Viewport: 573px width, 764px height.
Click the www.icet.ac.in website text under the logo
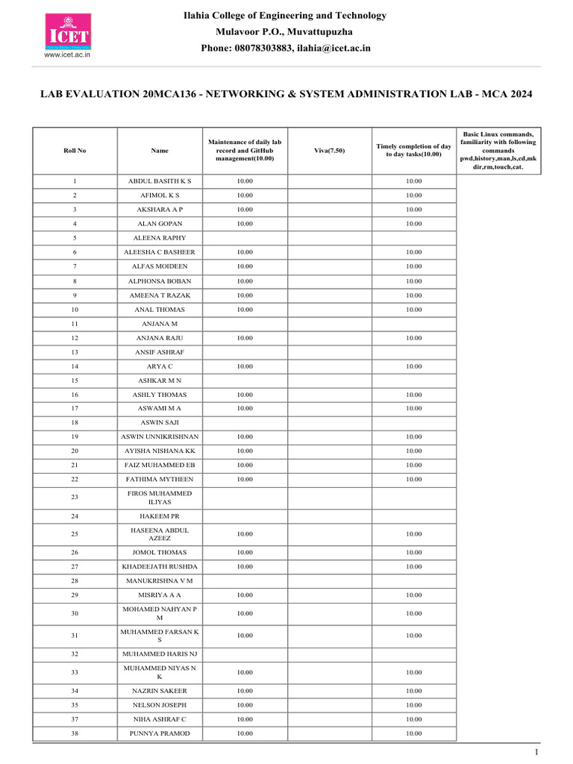click(67, 54)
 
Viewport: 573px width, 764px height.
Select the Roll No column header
click(75, 150)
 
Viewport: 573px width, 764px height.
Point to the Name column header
click(160, 150)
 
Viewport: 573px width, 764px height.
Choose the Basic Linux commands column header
click(498, 150)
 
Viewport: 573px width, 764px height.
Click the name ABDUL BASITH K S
click(160, 181)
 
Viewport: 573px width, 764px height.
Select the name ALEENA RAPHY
click(160, 238)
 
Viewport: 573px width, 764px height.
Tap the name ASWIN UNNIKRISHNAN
click(160, 436)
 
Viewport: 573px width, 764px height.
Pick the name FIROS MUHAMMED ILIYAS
click(160, 498)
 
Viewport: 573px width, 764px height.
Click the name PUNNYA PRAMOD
click(160, 733)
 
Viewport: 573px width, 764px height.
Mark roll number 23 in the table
click(75, 498)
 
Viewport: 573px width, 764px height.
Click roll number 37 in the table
click(75, 719)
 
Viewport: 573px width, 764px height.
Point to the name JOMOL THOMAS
click(160, 553)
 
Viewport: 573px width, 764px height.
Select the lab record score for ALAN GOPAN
click(245, 224)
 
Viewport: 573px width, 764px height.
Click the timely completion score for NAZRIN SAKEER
click(414, 691)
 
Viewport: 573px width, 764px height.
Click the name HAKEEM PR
click(160, 516)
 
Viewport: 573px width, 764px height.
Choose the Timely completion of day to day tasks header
click(414, 150)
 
